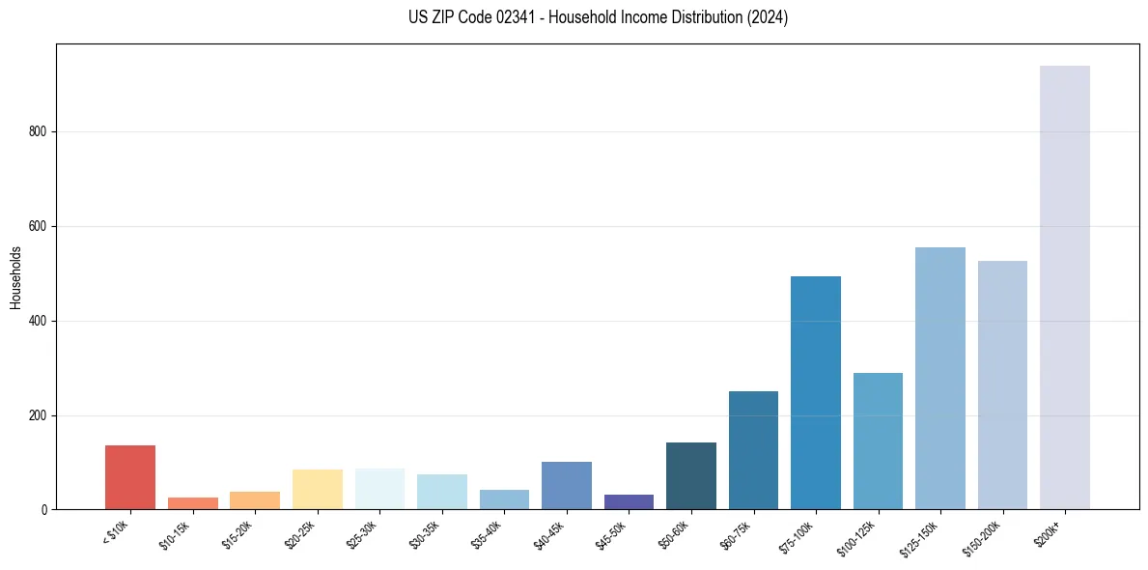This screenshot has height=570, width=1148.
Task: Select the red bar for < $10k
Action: (x=130, y=477)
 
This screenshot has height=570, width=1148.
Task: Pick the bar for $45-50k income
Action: (x=629, y=502)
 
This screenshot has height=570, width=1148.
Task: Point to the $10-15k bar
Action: (x=192, y=503)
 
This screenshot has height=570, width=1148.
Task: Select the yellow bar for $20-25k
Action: (x=317, y=490)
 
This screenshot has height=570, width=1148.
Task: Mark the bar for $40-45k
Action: (x=567, y=486)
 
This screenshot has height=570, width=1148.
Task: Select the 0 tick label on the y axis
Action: (x=44, y=510)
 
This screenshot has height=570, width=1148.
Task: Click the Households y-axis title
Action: (x=16, y=277)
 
